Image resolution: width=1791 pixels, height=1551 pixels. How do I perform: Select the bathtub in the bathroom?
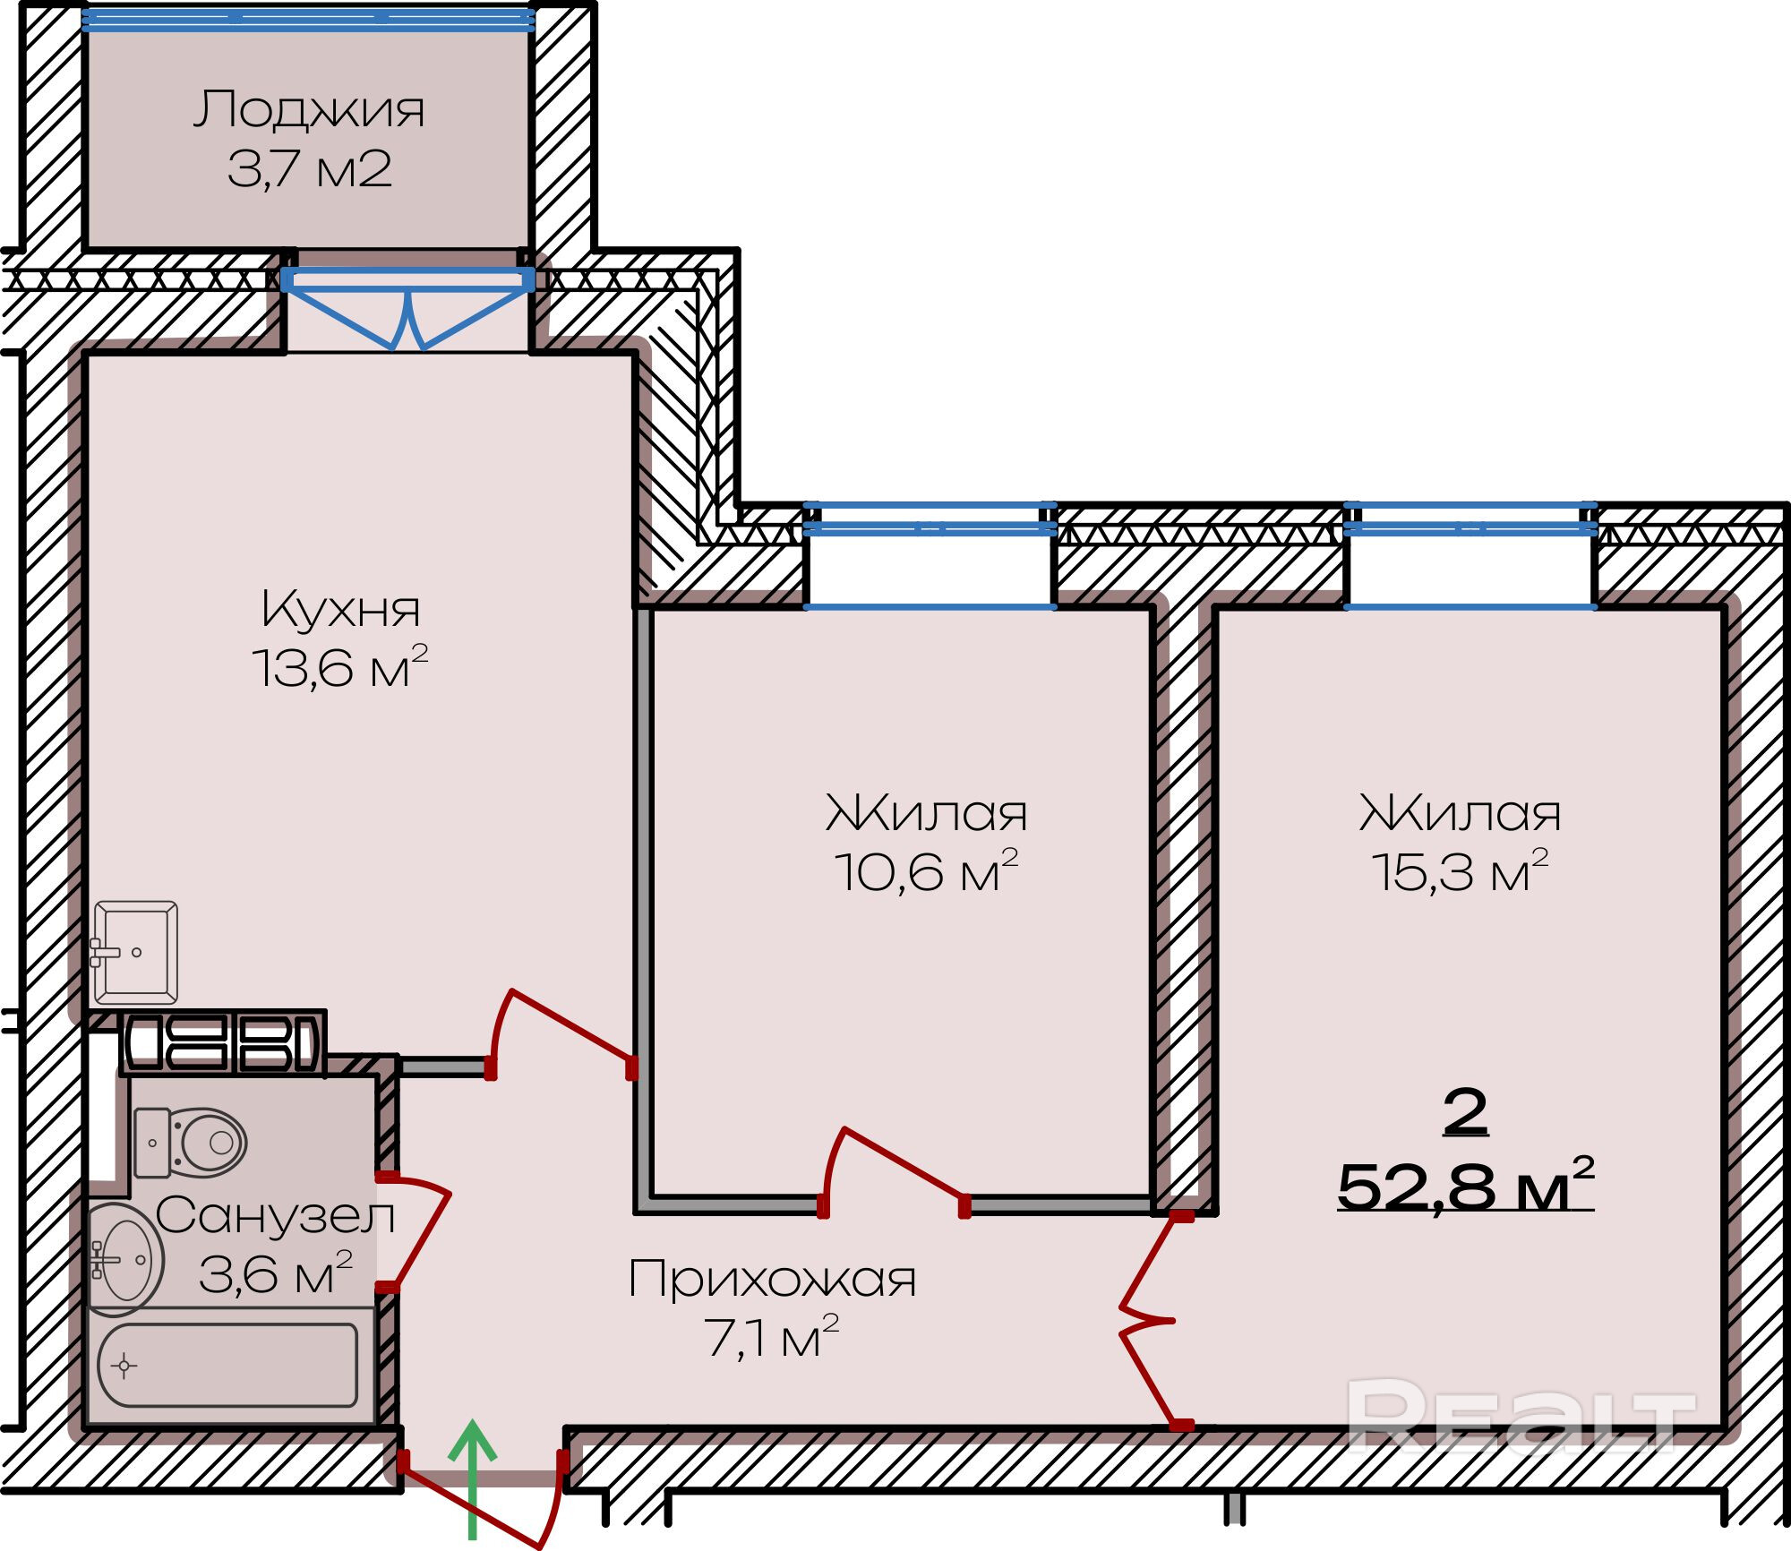coord(227,1366)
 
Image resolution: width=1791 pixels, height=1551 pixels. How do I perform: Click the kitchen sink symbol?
coord(135,953)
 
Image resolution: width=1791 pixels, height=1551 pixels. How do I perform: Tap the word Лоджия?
coord(309,110)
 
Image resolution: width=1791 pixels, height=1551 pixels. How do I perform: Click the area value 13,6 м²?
coord(339,667)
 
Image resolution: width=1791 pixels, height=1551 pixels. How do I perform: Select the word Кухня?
coord(340,610)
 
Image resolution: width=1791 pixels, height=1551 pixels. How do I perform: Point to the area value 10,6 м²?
coord(926,871)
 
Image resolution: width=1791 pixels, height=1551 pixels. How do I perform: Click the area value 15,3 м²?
coord(1460,871)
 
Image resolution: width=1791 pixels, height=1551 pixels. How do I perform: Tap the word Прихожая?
coord(772,1279)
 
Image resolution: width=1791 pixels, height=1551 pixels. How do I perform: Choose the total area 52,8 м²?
coord(1465,1187)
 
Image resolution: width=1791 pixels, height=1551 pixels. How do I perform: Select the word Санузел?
coord(275,1216)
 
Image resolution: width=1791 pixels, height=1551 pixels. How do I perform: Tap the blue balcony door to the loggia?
coord(407,309)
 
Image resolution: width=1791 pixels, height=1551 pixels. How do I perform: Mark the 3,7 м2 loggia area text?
coord(309,169)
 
